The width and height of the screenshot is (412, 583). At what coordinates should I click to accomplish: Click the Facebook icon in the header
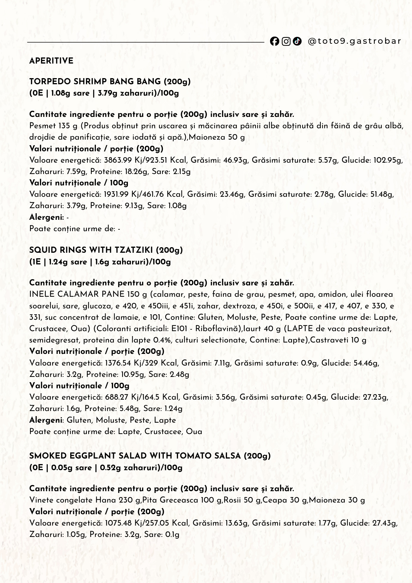(x=274, y=41)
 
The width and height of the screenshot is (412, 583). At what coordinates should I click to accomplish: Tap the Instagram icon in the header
(x=286, y=41)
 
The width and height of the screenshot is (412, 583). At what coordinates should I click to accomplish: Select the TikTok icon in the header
(x=297, y=41)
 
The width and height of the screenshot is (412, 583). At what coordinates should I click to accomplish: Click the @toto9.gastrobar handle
(x=354, y=41)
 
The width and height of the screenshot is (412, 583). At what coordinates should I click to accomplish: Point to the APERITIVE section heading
(x=51, y=61)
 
